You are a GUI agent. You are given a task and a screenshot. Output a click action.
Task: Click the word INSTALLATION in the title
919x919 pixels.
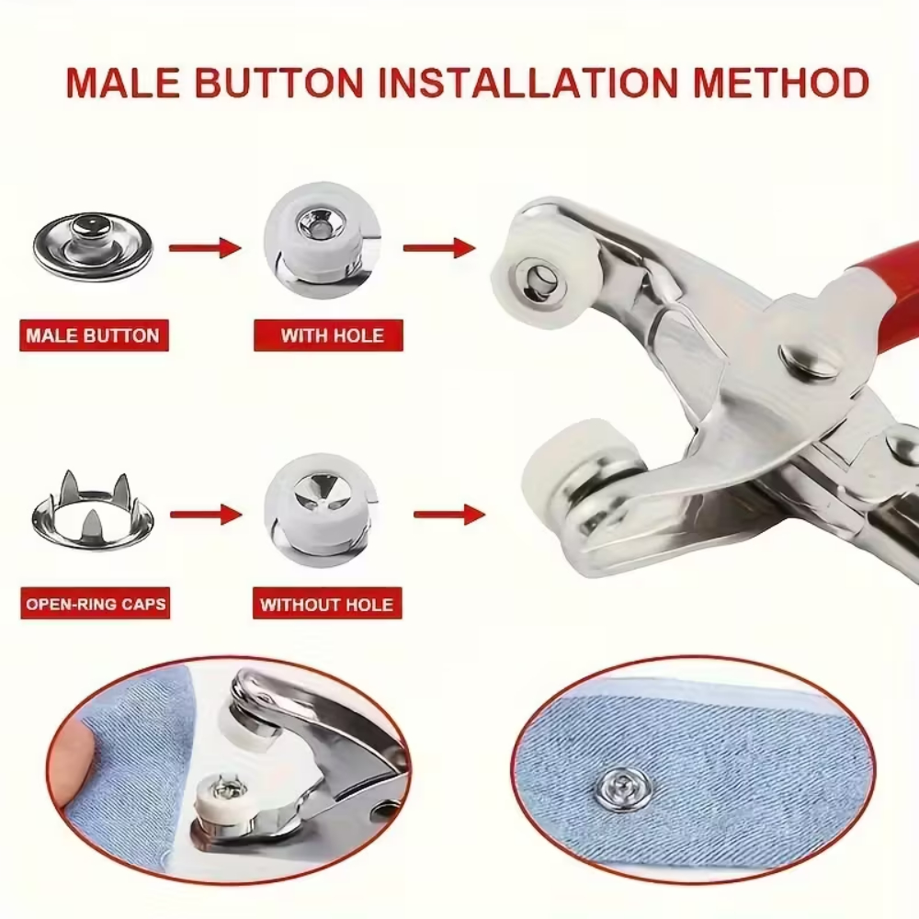(x=528, y=83)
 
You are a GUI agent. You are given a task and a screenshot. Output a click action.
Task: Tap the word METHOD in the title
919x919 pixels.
(x=780, y=83)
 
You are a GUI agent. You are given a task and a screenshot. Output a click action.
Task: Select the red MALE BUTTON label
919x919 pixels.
(x=94, y=335)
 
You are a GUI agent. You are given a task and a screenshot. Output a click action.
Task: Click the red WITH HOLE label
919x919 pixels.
(x=328, y=335)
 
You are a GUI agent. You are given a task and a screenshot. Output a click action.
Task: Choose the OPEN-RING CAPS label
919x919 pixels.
(x=95, y=603)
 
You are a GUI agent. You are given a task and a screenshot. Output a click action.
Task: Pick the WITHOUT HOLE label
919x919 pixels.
(x=327, y=603)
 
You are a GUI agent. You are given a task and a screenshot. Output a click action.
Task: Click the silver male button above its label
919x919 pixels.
(x=93, y=245)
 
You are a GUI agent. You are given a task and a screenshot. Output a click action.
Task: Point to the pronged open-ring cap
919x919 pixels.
(x=93, y=511)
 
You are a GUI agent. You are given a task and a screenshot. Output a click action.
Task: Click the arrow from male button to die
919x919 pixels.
(x=205, y=248)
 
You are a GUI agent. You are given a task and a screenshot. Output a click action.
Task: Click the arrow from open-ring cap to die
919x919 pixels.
(x=206, y=516)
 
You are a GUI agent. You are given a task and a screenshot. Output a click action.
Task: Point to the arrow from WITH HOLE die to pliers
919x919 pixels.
(x=439, y=248)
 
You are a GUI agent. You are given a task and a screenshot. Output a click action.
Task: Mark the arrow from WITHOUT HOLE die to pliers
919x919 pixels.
(x=449, y=516)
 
